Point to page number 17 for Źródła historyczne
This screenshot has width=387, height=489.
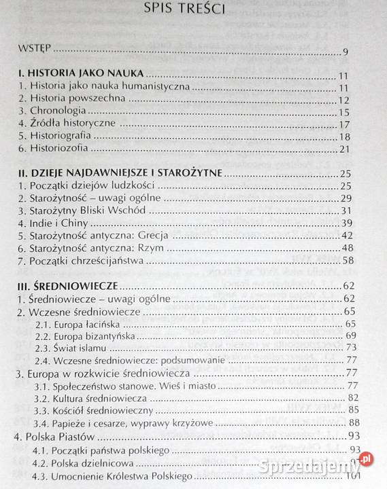pos(343,124)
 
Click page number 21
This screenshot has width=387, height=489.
pos(343,149)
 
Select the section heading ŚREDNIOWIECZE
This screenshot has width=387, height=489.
pos(70,285)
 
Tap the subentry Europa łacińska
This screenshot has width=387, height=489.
pos(86,323)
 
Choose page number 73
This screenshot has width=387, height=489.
pos(351,348)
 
